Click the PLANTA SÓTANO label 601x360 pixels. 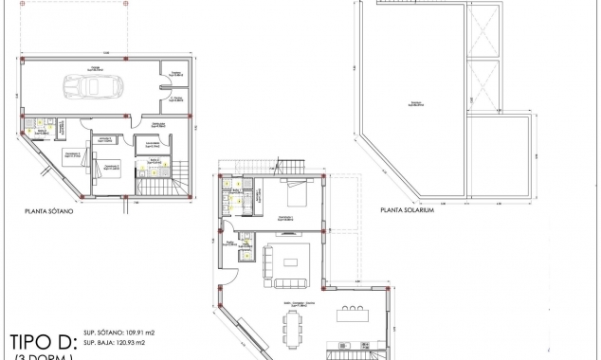(x=50, y=212)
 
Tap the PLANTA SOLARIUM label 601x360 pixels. (x=406, y=210)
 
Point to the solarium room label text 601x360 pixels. (x=415, y=105)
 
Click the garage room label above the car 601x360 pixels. (x=96, y=67)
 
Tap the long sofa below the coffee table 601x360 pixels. (x=291, y=281)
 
